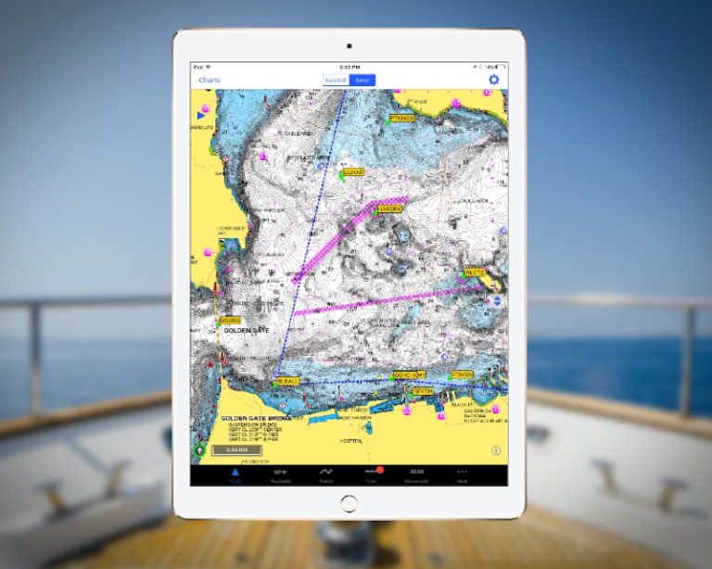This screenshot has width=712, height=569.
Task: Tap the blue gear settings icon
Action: pyautogui.click(x=494, y=80)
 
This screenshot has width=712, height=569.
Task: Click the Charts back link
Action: pyautogui.click(x=210, y=80)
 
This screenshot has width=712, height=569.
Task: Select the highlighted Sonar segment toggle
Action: pyautogui.click(x=362, y=81)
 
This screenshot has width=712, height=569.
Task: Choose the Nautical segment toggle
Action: pyautogui.click(x=336, y=81)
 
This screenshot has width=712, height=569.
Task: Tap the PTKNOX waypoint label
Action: pyautogui.click(x=402, y=119)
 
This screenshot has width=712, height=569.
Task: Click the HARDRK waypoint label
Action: pyautogui.click(x=389, y=209)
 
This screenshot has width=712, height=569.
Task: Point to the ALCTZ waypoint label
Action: pyautogui.click(x=475, y=272)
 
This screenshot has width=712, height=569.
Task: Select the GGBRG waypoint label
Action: pyautogui.click(x=229, y=321)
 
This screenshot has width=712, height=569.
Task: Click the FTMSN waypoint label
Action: pyautogui.click(x=463, y=374)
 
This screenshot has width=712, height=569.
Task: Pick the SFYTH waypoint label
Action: pyautogui.click(x=423, y=392)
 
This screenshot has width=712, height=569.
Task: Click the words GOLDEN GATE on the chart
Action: pyautogui.click(x=245, y=331)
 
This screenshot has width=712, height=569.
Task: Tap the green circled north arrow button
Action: pyautogui.click(x=198, y=450)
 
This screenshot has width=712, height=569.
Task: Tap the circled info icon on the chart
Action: pyautogui.click(x=496, y=451)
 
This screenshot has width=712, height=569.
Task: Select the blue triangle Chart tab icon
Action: pyautogui.click(x=235, y=471)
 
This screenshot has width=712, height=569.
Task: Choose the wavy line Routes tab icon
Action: pyautogui.click(x=326, y=471)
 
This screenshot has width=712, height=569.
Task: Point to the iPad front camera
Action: pyautogui.click(x=349, y=45)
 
